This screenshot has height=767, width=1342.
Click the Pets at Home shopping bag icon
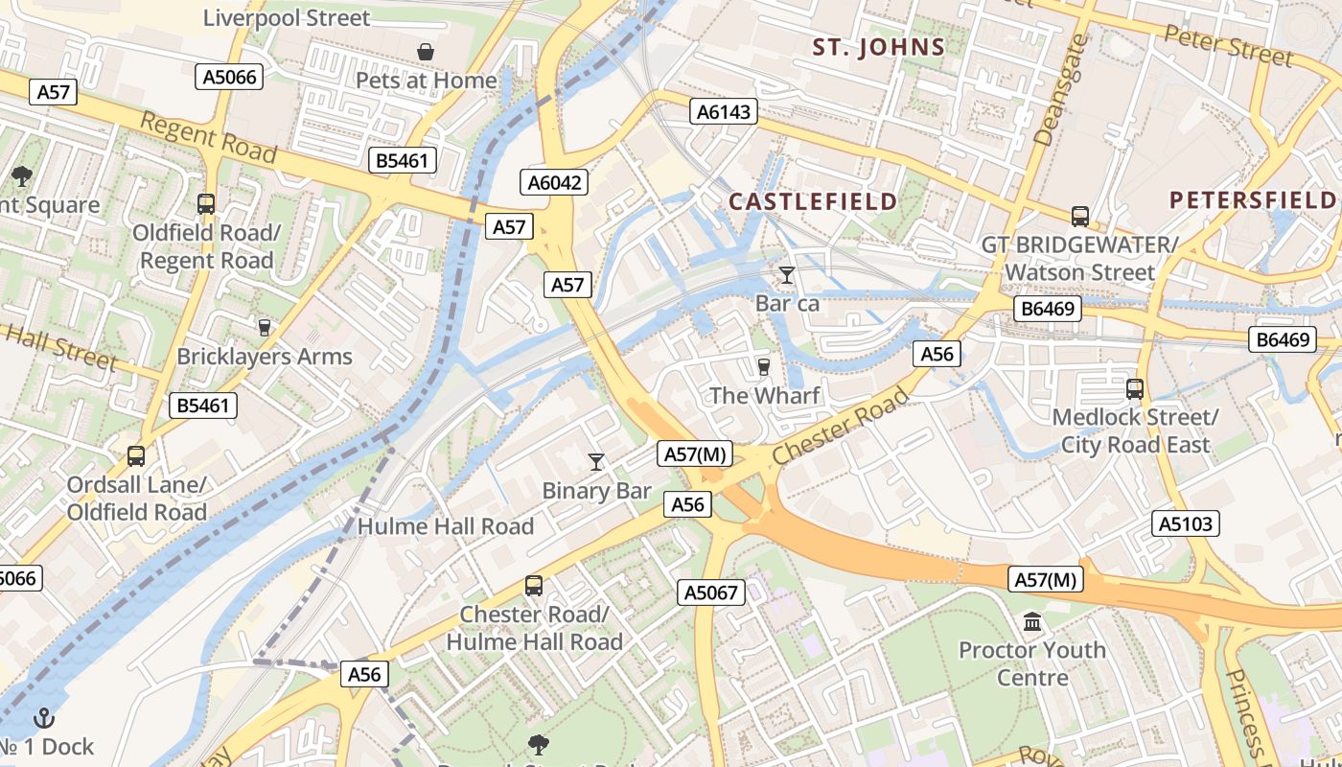click(x=425, y=51)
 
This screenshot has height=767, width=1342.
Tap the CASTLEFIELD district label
click(x=813, y=201)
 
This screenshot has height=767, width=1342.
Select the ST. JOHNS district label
click(x=879, y=46)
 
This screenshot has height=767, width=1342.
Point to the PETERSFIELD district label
click(x=1253, y=199)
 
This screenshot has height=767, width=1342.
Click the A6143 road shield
click(x=724, y=112)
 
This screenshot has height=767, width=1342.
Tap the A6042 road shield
click(x=555, y=182)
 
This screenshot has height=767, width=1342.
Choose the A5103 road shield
click(x=1186, y=523)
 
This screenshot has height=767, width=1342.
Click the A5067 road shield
click(x=711, y=593)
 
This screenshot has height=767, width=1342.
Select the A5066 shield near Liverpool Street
click(x=230, y=77)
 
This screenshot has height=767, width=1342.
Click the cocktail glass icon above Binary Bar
click(x=596, y=462)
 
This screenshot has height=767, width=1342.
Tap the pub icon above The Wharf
click(x=764, y=366)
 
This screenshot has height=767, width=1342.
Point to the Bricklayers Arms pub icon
click(x=265, y=328)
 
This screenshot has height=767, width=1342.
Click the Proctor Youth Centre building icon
click(x=1032, y=622)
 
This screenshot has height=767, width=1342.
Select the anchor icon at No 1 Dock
click(x=44, y=718)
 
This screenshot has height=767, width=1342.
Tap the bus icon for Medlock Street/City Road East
click(x=1135, y=388)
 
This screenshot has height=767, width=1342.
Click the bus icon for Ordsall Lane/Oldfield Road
click(x=136, y=456)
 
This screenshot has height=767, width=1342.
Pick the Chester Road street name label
click(x=839, y=428)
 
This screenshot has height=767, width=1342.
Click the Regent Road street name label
click(x=208, y=137)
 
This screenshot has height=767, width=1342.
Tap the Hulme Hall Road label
click(x=446, y=525)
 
